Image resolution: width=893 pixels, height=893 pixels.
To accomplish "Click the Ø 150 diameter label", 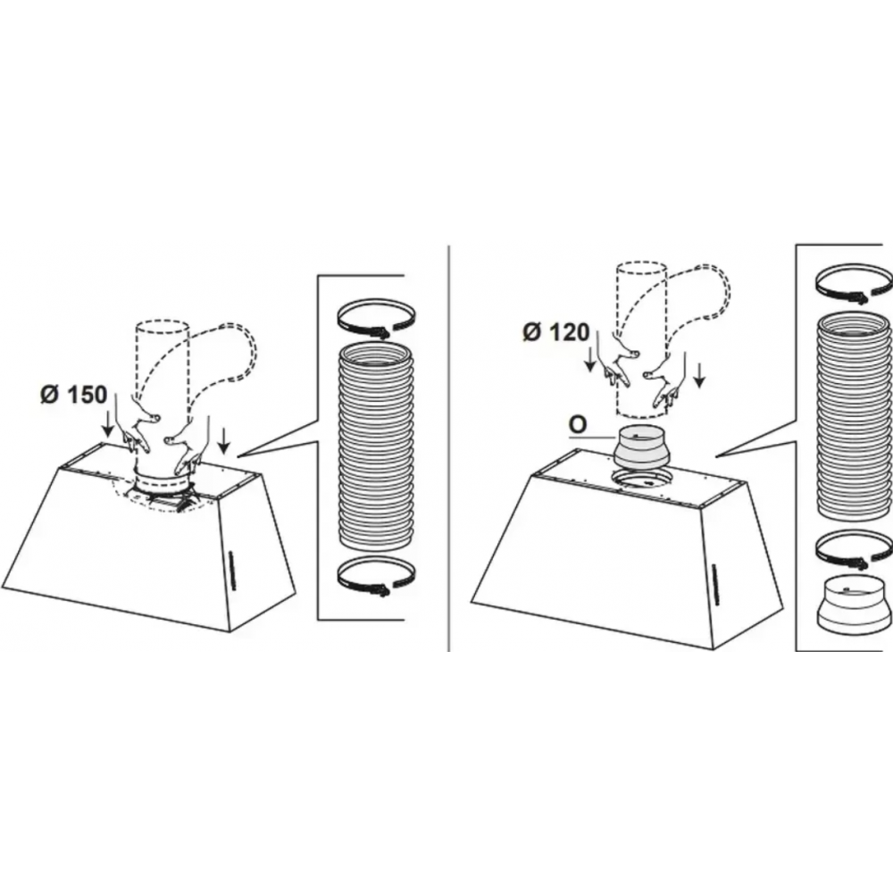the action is point(73,394).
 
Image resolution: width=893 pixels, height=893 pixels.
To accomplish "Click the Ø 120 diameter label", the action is point(555,331).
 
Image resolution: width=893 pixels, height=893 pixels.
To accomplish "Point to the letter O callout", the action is point(578,425).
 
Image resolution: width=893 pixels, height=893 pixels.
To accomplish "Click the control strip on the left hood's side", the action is point(230,568).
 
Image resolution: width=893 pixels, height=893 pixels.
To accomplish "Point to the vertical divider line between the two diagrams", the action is point(449,447).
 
